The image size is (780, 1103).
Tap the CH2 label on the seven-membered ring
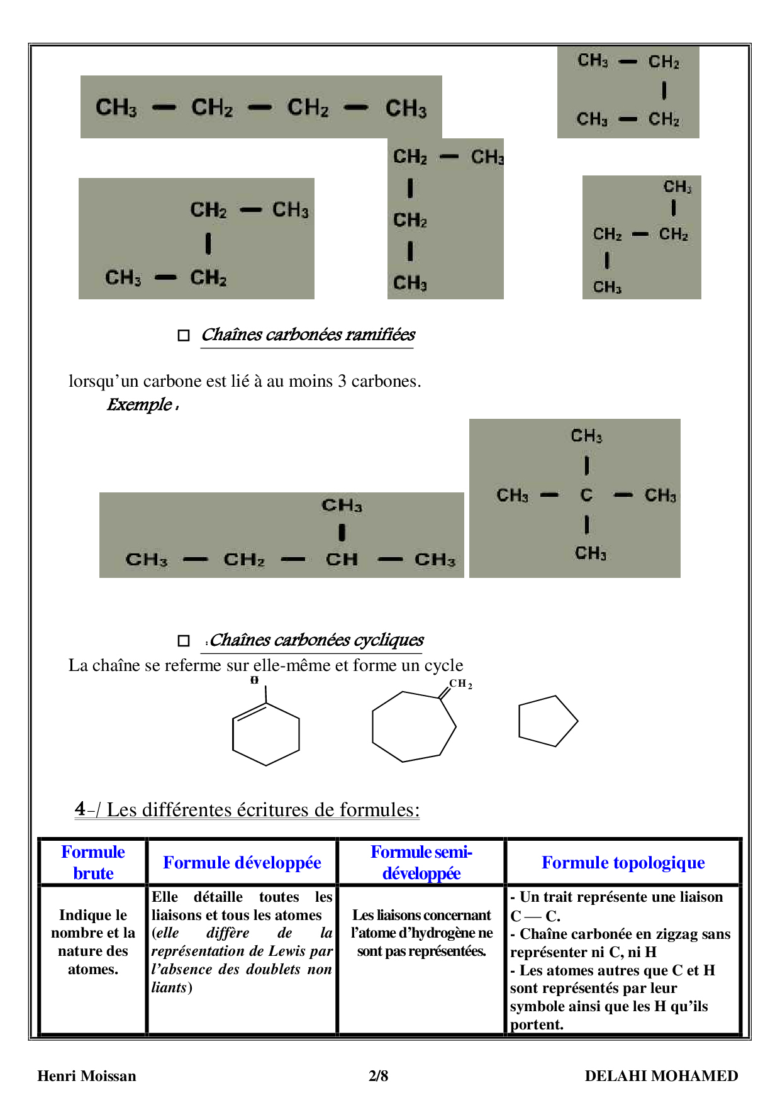coord(460,684)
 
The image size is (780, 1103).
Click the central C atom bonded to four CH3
coord(586,496)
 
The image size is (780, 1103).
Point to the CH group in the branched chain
coord(342,559)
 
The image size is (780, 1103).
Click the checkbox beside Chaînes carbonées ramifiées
coord(184,335)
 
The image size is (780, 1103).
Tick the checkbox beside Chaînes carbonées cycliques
coord(184,641)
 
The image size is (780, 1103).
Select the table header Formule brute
coord(93,862)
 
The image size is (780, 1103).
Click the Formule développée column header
coord(242,862)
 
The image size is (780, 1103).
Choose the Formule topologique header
coord(623,862)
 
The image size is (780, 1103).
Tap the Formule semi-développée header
coord(421,862)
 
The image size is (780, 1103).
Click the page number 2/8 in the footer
coord(378,1076)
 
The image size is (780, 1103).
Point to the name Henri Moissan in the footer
coord(87,1076)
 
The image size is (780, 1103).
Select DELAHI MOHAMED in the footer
coord(661,1076)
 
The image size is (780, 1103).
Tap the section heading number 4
coord(80,809)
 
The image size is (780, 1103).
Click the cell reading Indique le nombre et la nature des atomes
coord(93,942)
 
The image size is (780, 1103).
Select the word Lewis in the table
coord(286,951)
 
